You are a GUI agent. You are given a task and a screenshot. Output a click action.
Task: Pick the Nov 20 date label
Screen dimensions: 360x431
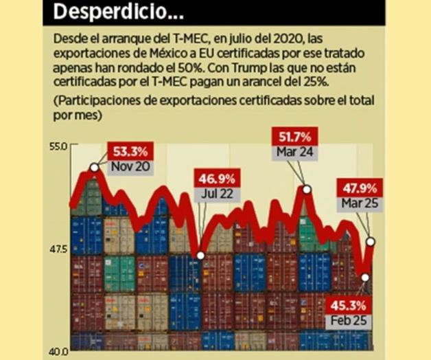coord(130,166)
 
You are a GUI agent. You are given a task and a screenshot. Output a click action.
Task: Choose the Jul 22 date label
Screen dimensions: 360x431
coord(217,194)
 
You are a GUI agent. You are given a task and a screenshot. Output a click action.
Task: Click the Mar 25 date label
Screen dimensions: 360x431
coord(357,203)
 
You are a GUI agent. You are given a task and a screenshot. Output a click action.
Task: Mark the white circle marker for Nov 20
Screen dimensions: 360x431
coord(94,168)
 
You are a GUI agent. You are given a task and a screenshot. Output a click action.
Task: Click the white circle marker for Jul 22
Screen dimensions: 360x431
coord(200,256)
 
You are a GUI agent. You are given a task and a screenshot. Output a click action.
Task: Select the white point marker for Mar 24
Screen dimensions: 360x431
coord(307,189)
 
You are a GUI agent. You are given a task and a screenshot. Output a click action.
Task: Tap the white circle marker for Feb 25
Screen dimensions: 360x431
coord(365,278)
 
